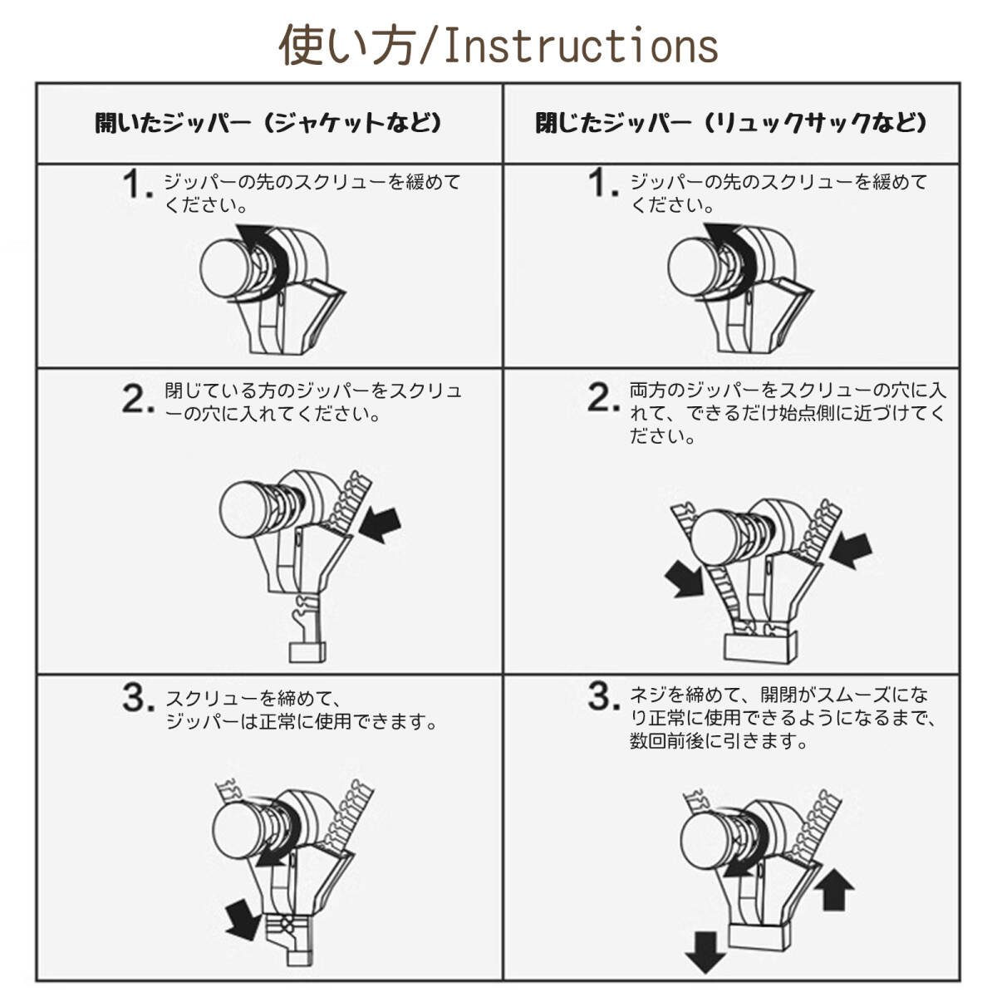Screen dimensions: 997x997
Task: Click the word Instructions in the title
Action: point(581,46)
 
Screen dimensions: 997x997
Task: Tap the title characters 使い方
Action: point(348,45)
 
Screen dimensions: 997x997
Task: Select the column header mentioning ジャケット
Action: point(268,123)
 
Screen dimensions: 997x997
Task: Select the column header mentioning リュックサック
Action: point(730,123)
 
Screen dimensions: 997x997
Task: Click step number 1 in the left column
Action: point(138,184)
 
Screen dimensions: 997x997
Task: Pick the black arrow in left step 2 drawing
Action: point(381,524)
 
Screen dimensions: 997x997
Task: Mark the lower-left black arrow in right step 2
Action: point(684,579)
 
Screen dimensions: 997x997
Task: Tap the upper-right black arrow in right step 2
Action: point(851,550)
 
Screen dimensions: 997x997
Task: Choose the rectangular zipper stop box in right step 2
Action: point(760,648)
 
